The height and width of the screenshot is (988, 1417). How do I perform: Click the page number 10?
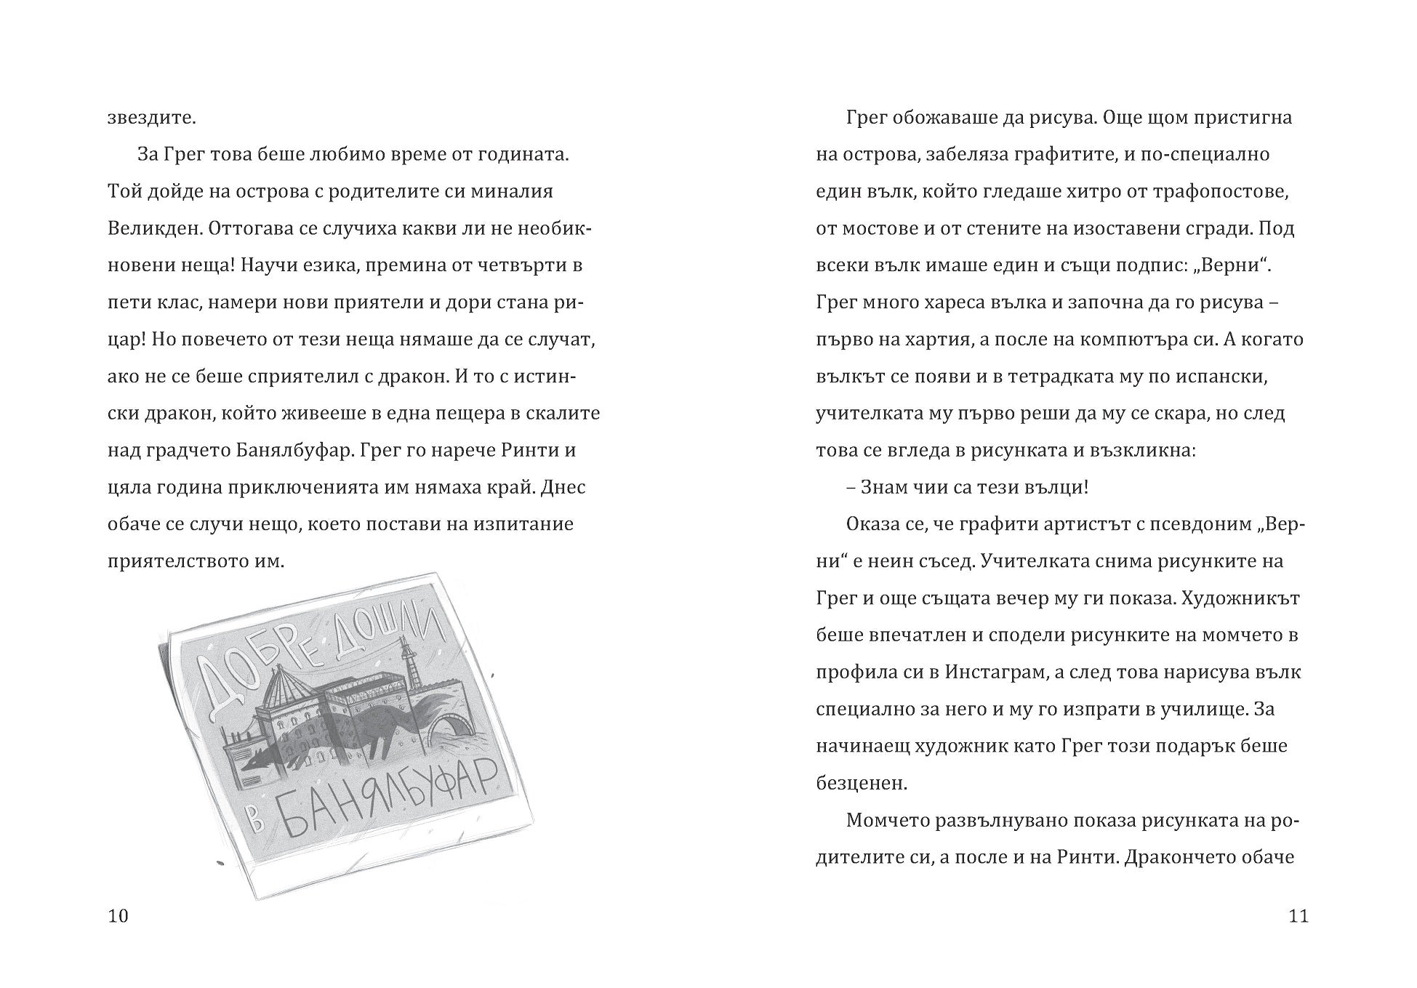click(x=118, y=915)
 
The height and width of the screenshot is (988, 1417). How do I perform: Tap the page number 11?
click(x=1298, y=915)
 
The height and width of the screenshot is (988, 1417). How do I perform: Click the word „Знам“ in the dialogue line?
click(x=886, y=487)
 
